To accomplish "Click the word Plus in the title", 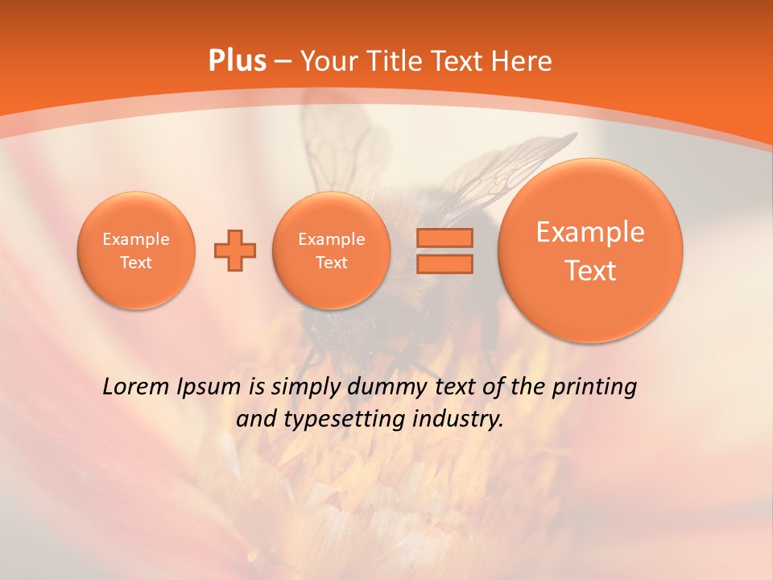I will pyautogui.click(x=237, y=61).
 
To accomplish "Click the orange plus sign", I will pyautogui.click(x=235, y=251).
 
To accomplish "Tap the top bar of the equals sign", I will pyautogui.click(x=444, y=238).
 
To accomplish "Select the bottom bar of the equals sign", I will pyautogui.click(x=444, y=263).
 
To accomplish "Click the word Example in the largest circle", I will pyautogui.click(x=590, y=232).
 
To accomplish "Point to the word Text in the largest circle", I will pyautogui.click(x=590, y=271).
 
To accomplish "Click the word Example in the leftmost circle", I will pyautogui.click(x=135, y=239).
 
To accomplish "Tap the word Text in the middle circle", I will pyautogui.click(x=331, y=263).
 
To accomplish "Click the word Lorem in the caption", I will pyautogui.click(x=136, y=387).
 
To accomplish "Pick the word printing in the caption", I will pyautogui.click(x=593, y=387).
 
